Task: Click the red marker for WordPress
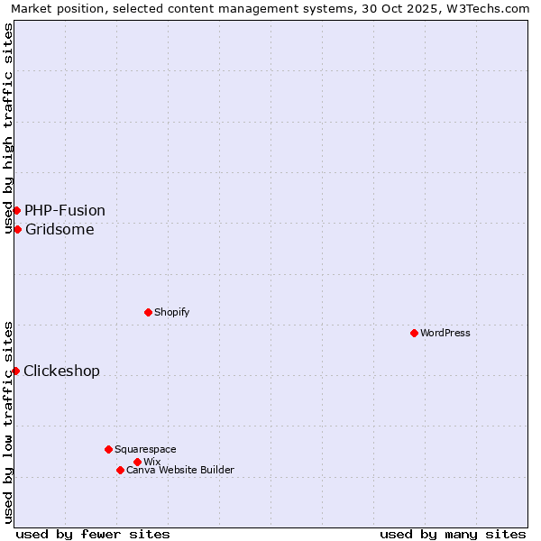[x=414, y=333]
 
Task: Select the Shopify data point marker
[x=148, y=312]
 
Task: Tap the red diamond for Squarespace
[x=108, y=449]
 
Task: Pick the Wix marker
[x=137, y=462]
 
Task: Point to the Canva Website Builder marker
[x=120, y=470]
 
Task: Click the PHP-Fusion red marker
[x=16, y=210]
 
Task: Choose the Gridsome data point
[x=17, y=229]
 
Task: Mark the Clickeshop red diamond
[x=15, y=371]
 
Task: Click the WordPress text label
[x=445, y=333]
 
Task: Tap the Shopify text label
[x=171, y=312]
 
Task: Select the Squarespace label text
[x=145, y=449]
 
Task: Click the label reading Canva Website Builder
[x=180, y=470]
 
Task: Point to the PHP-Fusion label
[x=65, y=210]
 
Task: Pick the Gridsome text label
[x=60, y=229]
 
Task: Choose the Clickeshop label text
[x=61, y=371]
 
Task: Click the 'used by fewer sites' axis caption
[x=93, y=534]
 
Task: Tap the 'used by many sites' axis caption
[x=453, y=534]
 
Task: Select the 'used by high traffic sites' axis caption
[x=8, y=128]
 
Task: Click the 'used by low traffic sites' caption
[x=8, y=422]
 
